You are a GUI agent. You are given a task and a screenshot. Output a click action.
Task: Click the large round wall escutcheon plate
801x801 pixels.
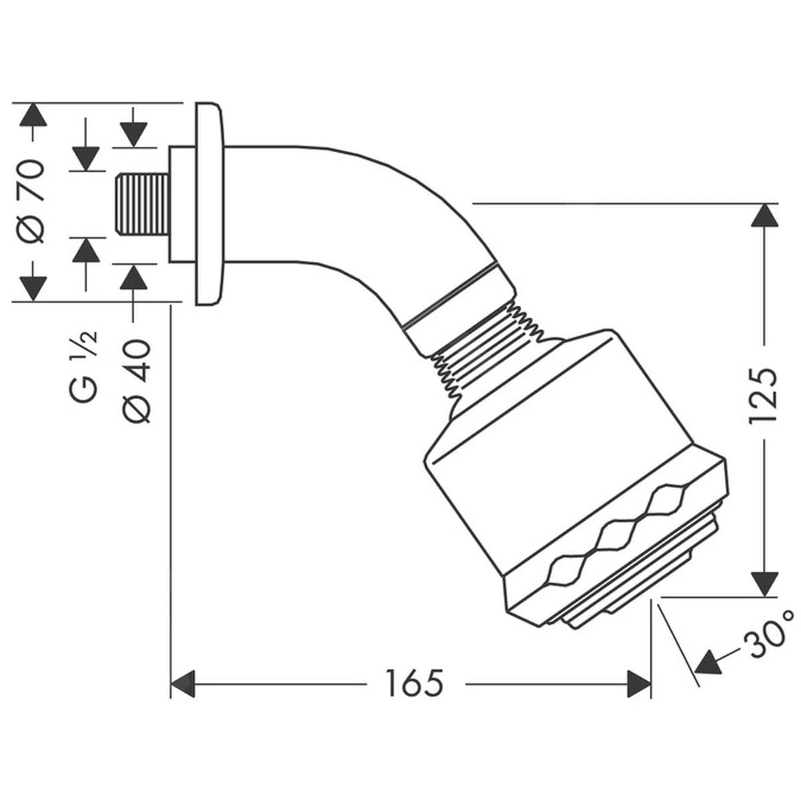(210, 204)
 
